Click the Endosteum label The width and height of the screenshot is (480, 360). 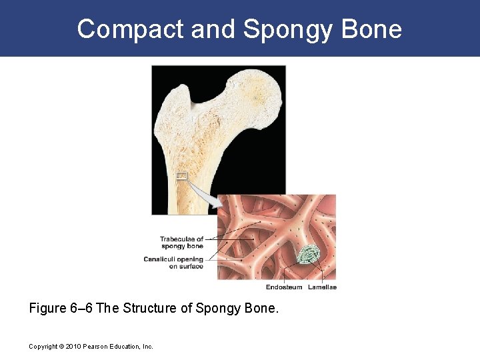coord(284,287)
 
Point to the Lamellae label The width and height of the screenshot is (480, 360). coord(322,287)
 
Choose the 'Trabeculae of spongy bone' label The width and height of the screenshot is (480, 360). coord(181,243)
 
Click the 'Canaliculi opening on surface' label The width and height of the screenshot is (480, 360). coord(173,263)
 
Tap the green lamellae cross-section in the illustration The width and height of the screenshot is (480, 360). coord(309,255)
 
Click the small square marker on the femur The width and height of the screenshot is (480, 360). coord(181,177)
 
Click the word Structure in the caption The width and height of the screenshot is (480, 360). coord(151,309)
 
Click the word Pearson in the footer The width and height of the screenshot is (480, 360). coord(95,347)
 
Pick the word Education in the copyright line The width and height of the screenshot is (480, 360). coord(126,347)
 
